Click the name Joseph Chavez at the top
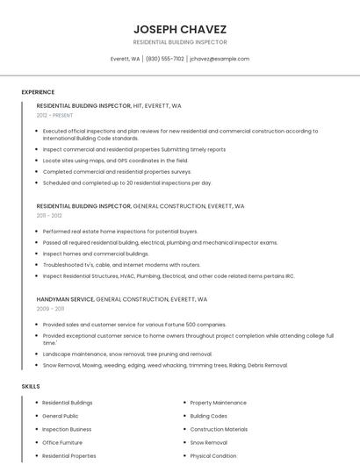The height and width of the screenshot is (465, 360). pyautogui.click(x=180, y=29)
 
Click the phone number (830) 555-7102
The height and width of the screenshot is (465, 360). pyautogui.click(x=165, y=59)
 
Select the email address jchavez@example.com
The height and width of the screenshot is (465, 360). pyautogui.click(x=220, y=59)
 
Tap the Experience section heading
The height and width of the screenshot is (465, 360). pyautogui.click(x=38, y=92)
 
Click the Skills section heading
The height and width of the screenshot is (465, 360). pyautogui.click(x=31, y=386)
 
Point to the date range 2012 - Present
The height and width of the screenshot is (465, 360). pyautogui.click(x=54, y=115)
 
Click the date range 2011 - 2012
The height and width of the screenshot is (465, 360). pyautogui.click(x=49, y=215)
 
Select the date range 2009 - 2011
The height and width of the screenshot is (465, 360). pyautogui.click(x=50, y=309)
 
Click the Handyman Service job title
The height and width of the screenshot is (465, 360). pyautogui.click(x=65, y=299)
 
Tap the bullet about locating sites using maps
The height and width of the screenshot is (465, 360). pyautogui.click(x=115, y=161)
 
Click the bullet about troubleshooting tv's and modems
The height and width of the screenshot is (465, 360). pyautogui.click(x=121, y=264)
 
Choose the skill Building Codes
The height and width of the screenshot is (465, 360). pyautogui.click(x=209, y=416)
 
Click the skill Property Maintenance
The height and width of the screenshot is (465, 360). pyautogui.click(x=218, y=402)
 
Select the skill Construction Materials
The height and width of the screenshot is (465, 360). pyautogui.click(x=219, y=429)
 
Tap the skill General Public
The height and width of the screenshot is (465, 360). pyautogui.click(x=61, y=416)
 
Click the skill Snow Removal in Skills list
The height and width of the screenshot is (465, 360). pyautogui.click(x=209, y=443)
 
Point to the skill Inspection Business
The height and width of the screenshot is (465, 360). pyautogui.click(x=67, y=429)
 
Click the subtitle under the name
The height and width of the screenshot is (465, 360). pyautogui.click(x=180, y=42)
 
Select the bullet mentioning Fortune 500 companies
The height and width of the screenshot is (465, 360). pyautogui.click(x=133, y=324)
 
